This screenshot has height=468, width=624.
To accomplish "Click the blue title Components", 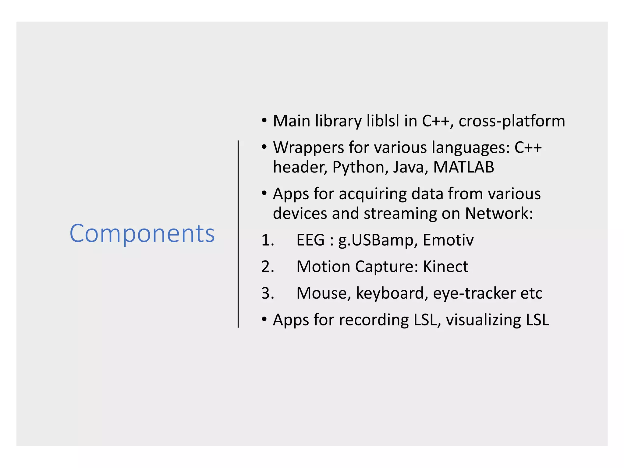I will coord(142,234).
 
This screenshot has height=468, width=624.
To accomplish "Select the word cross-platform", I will coord(512,121).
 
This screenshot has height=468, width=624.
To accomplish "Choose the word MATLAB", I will coord(463,167).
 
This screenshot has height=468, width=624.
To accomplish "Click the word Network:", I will coord(499,213).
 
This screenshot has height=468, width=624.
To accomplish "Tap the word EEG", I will coord(310,240).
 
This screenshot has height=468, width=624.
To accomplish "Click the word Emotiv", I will coord(448,240).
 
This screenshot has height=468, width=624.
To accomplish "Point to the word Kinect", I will coord(445,267).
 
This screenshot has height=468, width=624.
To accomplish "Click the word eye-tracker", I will coord(474,293).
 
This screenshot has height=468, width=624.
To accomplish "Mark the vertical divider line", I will coord(238,234).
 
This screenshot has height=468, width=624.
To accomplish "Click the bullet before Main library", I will coord(264,120).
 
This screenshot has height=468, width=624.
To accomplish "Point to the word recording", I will coord(374,320).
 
